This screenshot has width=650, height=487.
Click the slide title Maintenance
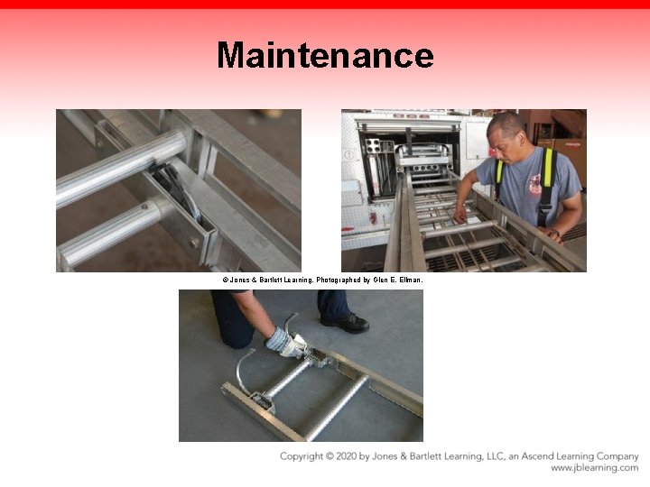pyautogui.click(x=325, y=55)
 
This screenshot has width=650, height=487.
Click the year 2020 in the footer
pyautogui.click(x=346, y=456)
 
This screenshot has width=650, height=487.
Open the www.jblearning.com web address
pyautogui.click(x=594, y=468)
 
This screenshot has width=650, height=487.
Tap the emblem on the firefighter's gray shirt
pyautogui.click(x=535, y=183)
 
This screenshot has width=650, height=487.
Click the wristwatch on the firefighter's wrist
pyautogui.click(x=555, y=233)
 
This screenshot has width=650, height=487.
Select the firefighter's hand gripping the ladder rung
pyautogui.click(x=460, y=216)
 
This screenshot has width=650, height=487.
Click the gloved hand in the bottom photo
pyautogui.click(x=286, y=342)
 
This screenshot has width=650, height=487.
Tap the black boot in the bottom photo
pyautogui.click(x=345, y=322)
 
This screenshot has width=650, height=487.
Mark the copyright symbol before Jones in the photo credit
pyautogui.click(x=226, y=280)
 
